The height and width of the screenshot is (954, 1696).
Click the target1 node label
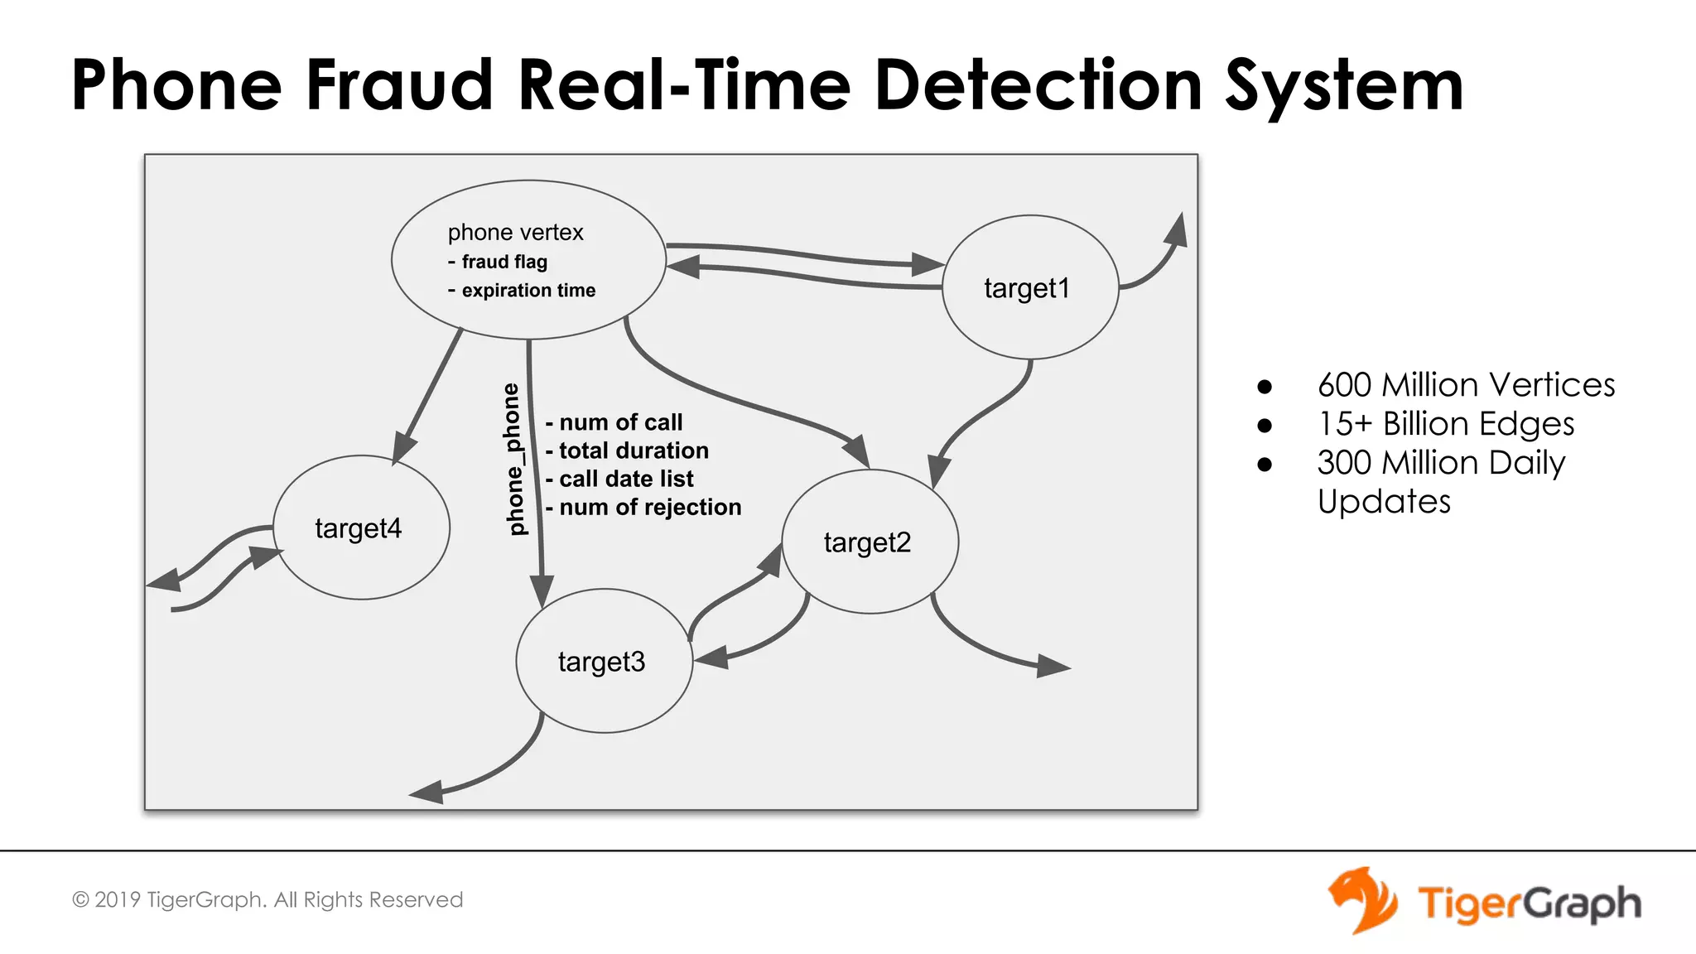point(1027,288)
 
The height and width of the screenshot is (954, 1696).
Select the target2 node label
point(867,542)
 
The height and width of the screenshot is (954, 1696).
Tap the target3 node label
point(601,662)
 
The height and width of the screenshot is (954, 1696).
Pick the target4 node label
point(358,528)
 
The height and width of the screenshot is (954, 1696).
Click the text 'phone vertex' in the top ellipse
point(515,233)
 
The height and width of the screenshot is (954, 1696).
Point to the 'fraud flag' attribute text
point(503,262)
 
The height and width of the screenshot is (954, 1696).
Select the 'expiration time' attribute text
point(528,291)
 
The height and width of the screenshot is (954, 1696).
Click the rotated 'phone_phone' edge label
point(515,459)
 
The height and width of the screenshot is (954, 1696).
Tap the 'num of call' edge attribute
point(619,422)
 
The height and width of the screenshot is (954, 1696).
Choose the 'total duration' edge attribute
point(633,450)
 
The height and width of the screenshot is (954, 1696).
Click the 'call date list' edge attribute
point(625,479)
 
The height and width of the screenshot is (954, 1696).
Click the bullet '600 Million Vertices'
point(1465,385)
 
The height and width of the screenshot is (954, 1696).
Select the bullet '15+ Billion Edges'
point(1445,424)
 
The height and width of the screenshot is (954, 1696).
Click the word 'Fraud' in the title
point(400,84)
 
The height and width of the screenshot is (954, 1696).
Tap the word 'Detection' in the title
point(1038,84)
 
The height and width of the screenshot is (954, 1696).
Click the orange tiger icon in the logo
point(1362,900)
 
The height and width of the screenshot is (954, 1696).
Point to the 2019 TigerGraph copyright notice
point(267,900)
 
